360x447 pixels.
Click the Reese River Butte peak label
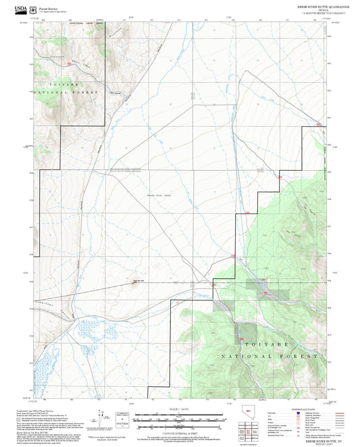pos(138,280)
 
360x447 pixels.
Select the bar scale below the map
pos(180,415)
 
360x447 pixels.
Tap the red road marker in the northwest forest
pos(70,63)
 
